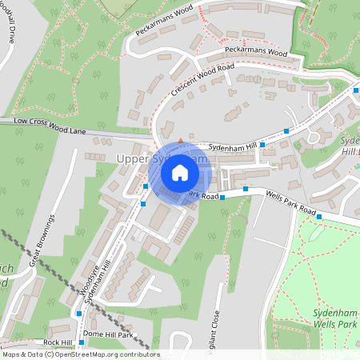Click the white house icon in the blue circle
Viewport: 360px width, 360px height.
coord(180,172)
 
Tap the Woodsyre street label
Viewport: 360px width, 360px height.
coord(89,278)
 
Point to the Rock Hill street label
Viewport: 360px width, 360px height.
coord(58,342)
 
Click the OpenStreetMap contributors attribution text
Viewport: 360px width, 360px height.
coord(81,354)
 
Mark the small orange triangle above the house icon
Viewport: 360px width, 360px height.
coord(180,141)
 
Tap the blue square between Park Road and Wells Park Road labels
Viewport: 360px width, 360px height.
coord(223,197)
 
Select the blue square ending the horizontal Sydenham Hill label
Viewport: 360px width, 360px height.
coord(262,144)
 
